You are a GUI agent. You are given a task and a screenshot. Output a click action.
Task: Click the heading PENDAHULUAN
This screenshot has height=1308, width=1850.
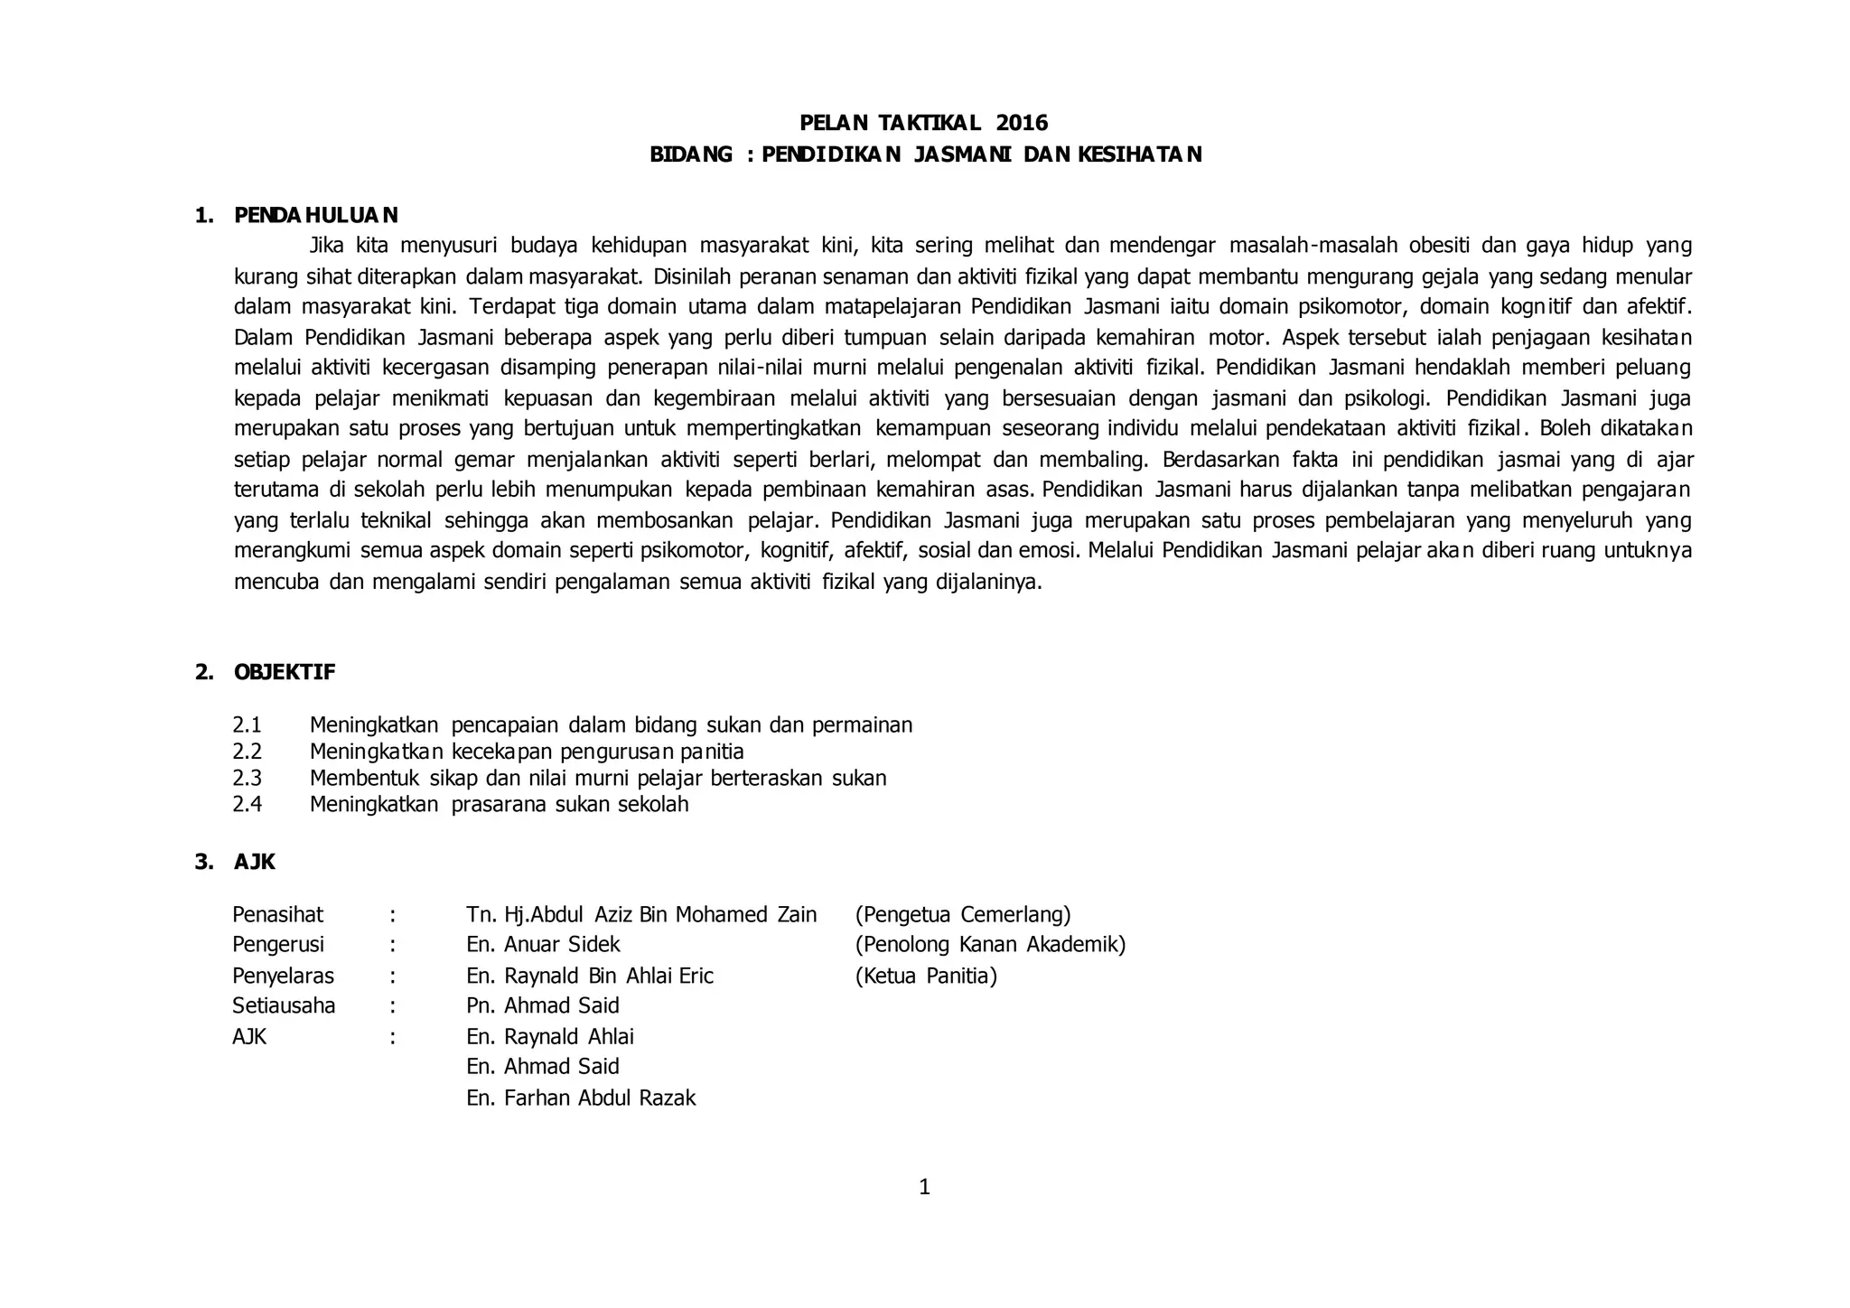pos(315,215)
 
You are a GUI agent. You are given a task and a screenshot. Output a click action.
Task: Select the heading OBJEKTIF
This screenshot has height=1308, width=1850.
pos(285,672)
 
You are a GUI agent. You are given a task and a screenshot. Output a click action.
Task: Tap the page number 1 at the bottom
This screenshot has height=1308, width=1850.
pos(924,1187)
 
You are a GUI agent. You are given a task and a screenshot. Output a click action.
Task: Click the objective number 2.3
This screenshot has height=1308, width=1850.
pos(247,778)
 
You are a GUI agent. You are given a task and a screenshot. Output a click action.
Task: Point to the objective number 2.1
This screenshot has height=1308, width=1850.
pos(247,724)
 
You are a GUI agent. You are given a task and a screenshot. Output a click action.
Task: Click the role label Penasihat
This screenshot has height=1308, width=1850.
pos(277,914)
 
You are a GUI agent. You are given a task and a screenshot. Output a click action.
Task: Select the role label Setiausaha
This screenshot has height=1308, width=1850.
pos(284,1005)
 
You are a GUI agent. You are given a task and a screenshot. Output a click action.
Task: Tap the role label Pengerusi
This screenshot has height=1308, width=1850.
pos(278,945)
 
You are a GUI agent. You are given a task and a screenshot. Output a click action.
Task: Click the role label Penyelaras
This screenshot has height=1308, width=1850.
pos(283,976)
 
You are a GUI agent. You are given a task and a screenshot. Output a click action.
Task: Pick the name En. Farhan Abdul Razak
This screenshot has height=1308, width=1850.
pos(581,1098)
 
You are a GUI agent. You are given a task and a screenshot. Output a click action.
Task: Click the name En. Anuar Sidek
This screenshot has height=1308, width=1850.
pos(543,945)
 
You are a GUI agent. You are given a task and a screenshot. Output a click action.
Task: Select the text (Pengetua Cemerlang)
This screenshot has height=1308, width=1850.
pos(962,914)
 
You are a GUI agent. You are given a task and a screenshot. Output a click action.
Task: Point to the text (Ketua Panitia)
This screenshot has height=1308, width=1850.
pos(925,976)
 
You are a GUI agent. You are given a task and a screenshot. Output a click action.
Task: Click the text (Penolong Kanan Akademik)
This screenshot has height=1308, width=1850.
pos(990,945)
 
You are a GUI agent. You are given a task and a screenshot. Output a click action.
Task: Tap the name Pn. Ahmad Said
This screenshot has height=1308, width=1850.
pos(543,1005)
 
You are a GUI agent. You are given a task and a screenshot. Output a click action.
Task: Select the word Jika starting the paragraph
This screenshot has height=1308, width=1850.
pos(326,245)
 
